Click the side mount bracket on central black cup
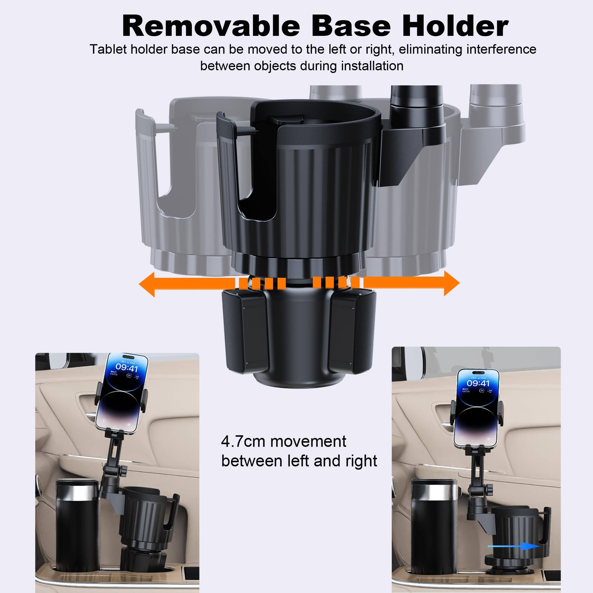pyautogui.click(x=411, y=154)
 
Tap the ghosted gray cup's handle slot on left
pyautogui.click(x=172, y=184)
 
